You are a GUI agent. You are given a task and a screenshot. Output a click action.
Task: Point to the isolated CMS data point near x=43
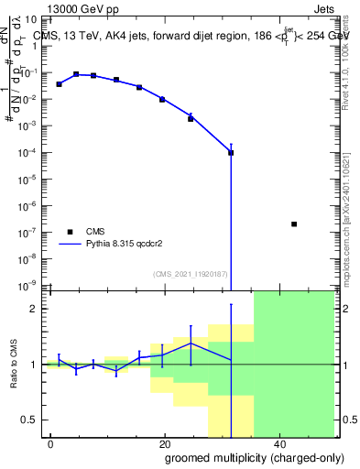293,224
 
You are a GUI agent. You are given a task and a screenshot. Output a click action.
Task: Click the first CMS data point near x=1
59,84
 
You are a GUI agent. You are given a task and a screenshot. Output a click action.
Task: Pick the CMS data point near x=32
231,153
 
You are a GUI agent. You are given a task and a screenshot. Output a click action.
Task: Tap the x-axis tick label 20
164,443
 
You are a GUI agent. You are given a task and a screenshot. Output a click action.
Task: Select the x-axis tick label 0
51,443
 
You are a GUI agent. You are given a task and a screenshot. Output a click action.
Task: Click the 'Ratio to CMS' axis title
13,365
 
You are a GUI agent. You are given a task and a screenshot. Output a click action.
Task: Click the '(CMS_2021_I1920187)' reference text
190,274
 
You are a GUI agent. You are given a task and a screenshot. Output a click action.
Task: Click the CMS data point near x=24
191,119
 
